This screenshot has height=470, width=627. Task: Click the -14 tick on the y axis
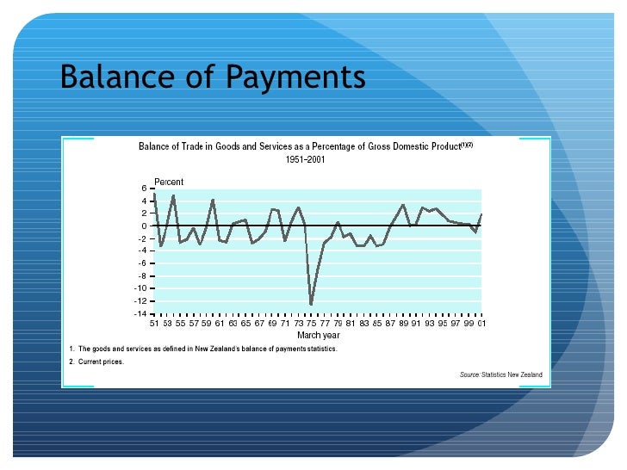pos(140,314)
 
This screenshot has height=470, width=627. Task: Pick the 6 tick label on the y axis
pos(144,188)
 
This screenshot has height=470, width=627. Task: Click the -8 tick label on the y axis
pos(140,276)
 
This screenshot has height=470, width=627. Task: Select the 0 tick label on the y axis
pos(144,226)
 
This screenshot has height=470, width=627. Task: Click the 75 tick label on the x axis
pos(311,324)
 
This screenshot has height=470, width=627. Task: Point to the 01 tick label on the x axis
pos(481,324)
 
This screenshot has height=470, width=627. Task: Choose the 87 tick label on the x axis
pos(389,324)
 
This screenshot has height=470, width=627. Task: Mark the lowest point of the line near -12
pos(311,303)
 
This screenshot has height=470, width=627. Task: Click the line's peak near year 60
pos(213,200)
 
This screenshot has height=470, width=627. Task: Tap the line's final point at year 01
pos(481,213)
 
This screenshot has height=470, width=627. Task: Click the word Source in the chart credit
pos(469,375)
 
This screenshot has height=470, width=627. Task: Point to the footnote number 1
pos(71,348)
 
